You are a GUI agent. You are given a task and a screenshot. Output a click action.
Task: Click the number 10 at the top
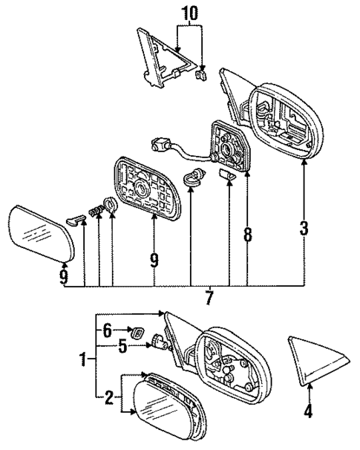[189, 12]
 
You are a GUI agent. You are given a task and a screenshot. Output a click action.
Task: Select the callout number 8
[247, 234]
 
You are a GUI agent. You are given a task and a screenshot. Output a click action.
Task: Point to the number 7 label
[209, 299]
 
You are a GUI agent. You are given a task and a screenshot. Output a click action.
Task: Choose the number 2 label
[108, 400]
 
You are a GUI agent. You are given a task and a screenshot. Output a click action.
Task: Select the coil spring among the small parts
[94, 212]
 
